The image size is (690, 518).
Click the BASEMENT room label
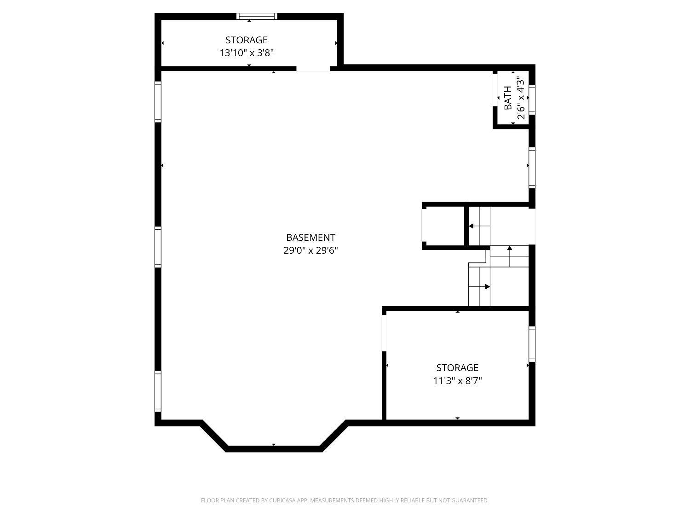[x=310, y=238]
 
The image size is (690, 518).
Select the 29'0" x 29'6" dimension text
[x=310, y=250]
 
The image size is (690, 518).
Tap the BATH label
[x=508, y=98]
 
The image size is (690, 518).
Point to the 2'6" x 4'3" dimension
[x=521, y=99]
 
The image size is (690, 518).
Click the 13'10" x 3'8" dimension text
[x=247, y=53]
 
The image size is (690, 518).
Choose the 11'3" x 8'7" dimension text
[x=457, y=381]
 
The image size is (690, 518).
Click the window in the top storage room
[x=257, y=17]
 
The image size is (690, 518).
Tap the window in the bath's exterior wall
[x=532, y=99]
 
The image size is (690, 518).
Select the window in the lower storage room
[x=532, y=344]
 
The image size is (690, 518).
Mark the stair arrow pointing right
[x=479, y=286]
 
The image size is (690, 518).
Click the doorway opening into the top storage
[x=313, y=69]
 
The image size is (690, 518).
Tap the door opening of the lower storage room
[x=384, y=333]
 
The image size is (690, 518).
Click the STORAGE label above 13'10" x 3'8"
[x=247, y=40]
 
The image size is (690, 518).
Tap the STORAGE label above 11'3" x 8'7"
[x=457, y=367]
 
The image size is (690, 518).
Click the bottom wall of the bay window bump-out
[x=274, y=449]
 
